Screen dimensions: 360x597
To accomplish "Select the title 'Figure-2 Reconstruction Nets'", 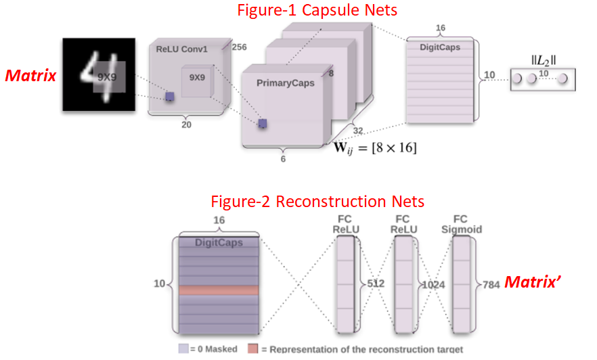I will point(317,202).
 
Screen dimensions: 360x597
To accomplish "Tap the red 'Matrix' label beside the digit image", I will point(30,75).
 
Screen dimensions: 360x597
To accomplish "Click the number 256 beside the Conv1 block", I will point(239,47).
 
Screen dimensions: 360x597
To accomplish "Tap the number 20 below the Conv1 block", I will point(186,124).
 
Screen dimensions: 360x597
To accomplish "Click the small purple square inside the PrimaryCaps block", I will point(262,122).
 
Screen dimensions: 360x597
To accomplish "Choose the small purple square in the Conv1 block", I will point(169,97).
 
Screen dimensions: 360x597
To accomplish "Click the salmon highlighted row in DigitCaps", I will point(219,290).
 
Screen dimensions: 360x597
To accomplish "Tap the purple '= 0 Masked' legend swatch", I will point(183,349).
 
